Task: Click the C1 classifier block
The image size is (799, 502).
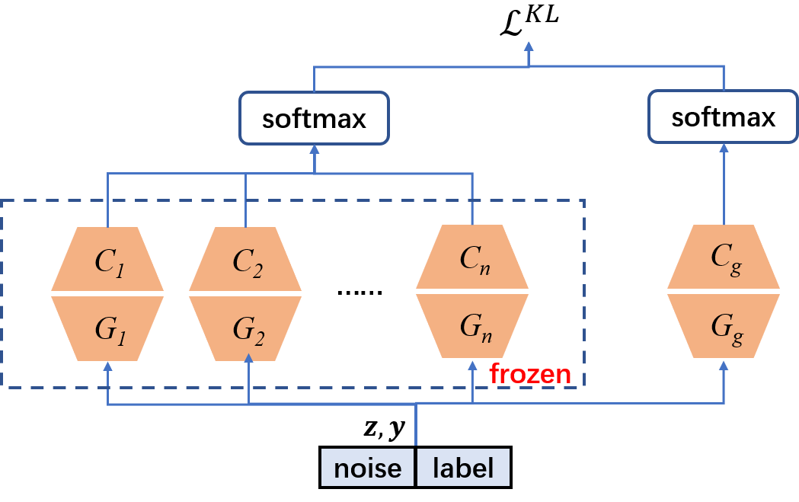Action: click(107, 259)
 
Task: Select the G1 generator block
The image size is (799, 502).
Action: click(107, 328)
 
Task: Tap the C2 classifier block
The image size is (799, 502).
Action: click(245, 259)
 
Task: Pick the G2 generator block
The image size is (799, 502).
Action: click(245, 328)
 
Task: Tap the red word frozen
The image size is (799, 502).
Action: click(530, 374)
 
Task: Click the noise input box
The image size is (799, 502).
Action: click(367, 468)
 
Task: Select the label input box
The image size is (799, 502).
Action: click(463, 468)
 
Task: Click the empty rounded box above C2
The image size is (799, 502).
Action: click(314, 117)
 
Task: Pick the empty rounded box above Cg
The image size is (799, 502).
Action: click(723, 116)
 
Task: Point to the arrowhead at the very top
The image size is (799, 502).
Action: click(529, 48)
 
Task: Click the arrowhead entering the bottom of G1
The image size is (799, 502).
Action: click(107, 366)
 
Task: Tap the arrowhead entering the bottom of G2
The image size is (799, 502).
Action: click(249, 359)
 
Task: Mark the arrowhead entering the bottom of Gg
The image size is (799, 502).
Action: click(724, 365)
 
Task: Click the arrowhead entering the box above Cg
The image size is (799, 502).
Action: click(724, 148)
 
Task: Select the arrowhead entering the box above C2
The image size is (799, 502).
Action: click(314, 149)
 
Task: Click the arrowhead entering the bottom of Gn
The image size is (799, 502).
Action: click(472, 363)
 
